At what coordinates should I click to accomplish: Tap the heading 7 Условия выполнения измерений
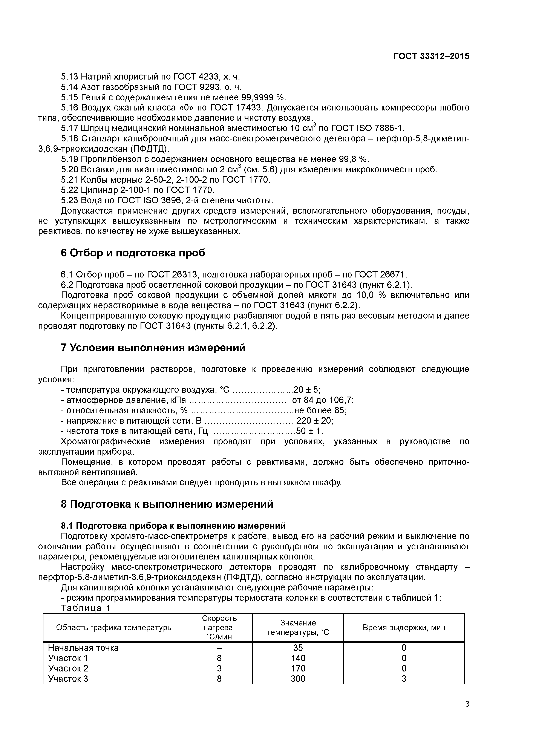(x=153, y=347)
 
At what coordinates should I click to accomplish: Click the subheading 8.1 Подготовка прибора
(x=173, y=526)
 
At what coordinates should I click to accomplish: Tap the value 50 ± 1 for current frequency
(x=309, y=431)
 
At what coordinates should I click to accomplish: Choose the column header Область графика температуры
(x=114, y=628)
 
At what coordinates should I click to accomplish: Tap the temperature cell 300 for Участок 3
(x=298, y=679)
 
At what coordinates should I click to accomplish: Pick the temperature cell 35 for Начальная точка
(x=298, y=648)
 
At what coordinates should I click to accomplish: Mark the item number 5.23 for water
(x=70, y=200)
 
